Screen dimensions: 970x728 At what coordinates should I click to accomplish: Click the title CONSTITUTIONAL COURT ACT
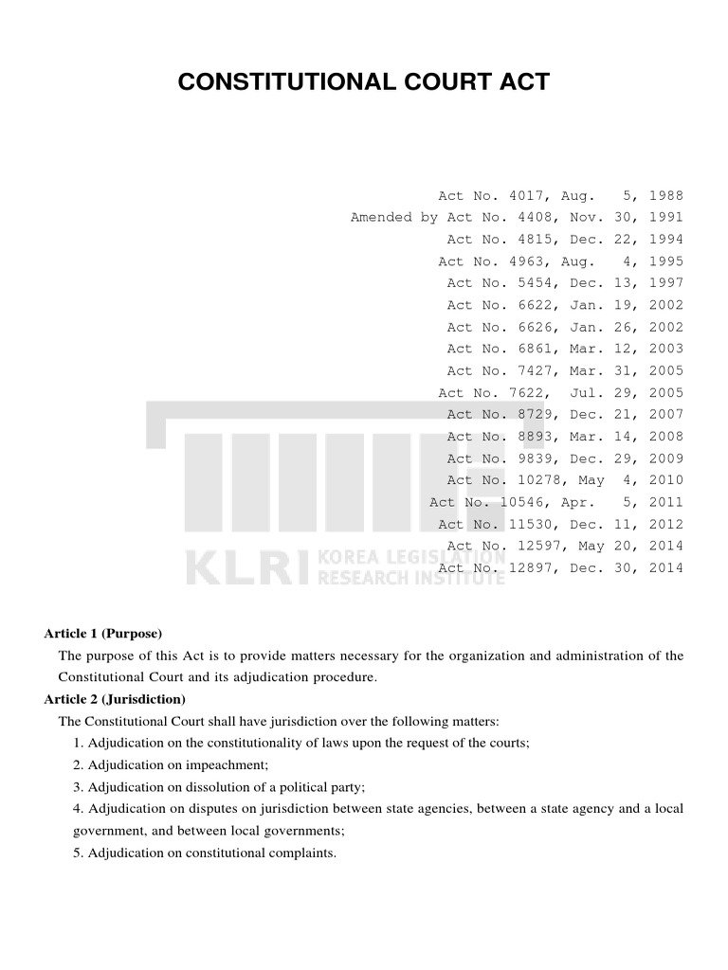(x=364, y=81)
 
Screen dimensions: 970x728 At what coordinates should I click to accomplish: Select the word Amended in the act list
(x=381, y=217)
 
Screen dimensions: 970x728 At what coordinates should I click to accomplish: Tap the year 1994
(x=665, y=239)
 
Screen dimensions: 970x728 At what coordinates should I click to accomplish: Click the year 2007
(x=665, y=414)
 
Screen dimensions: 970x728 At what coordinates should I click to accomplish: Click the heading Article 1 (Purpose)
(x=103, y=633)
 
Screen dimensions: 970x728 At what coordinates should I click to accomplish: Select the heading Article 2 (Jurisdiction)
(x=115, y=699)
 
